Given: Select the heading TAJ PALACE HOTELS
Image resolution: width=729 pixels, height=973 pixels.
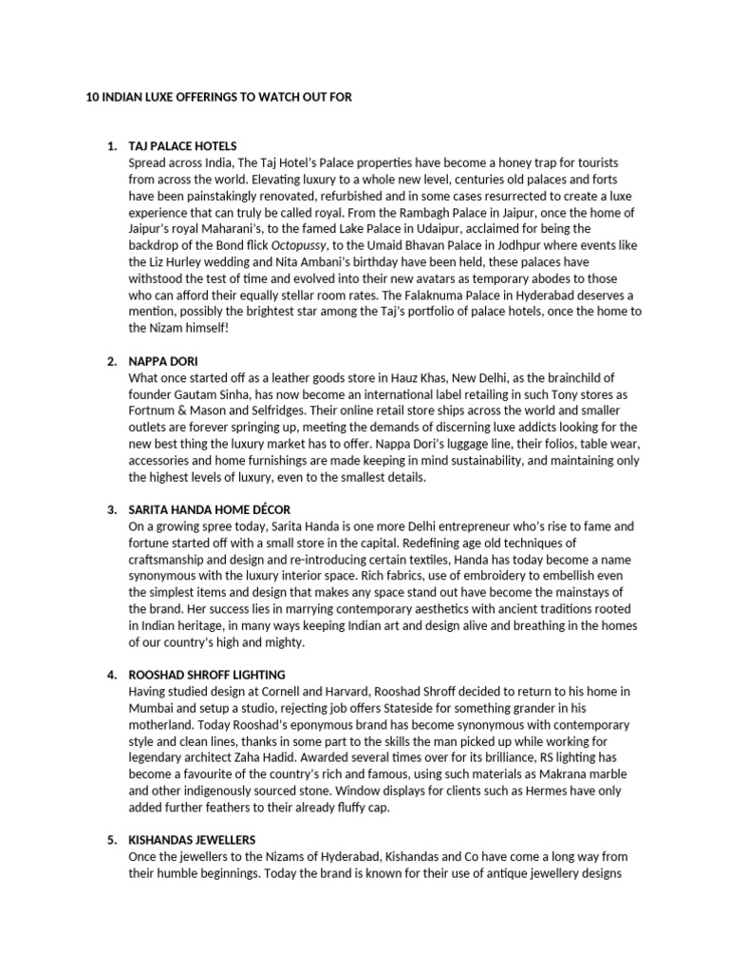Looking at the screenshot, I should click(x=182, y=146).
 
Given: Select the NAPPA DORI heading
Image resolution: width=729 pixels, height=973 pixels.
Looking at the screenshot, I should click(x=162, y=361).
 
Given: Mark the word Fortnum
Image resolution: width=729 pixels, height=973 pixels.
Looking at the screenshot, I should click(x=155, y=410).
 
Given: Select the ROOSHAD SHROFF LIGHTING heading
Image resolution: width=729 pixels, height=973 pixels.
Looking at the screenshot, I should click(x=204, y=675).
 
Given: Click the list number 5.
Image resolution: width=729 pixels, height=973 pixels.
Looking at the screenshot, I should click(x=111, y=840).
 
